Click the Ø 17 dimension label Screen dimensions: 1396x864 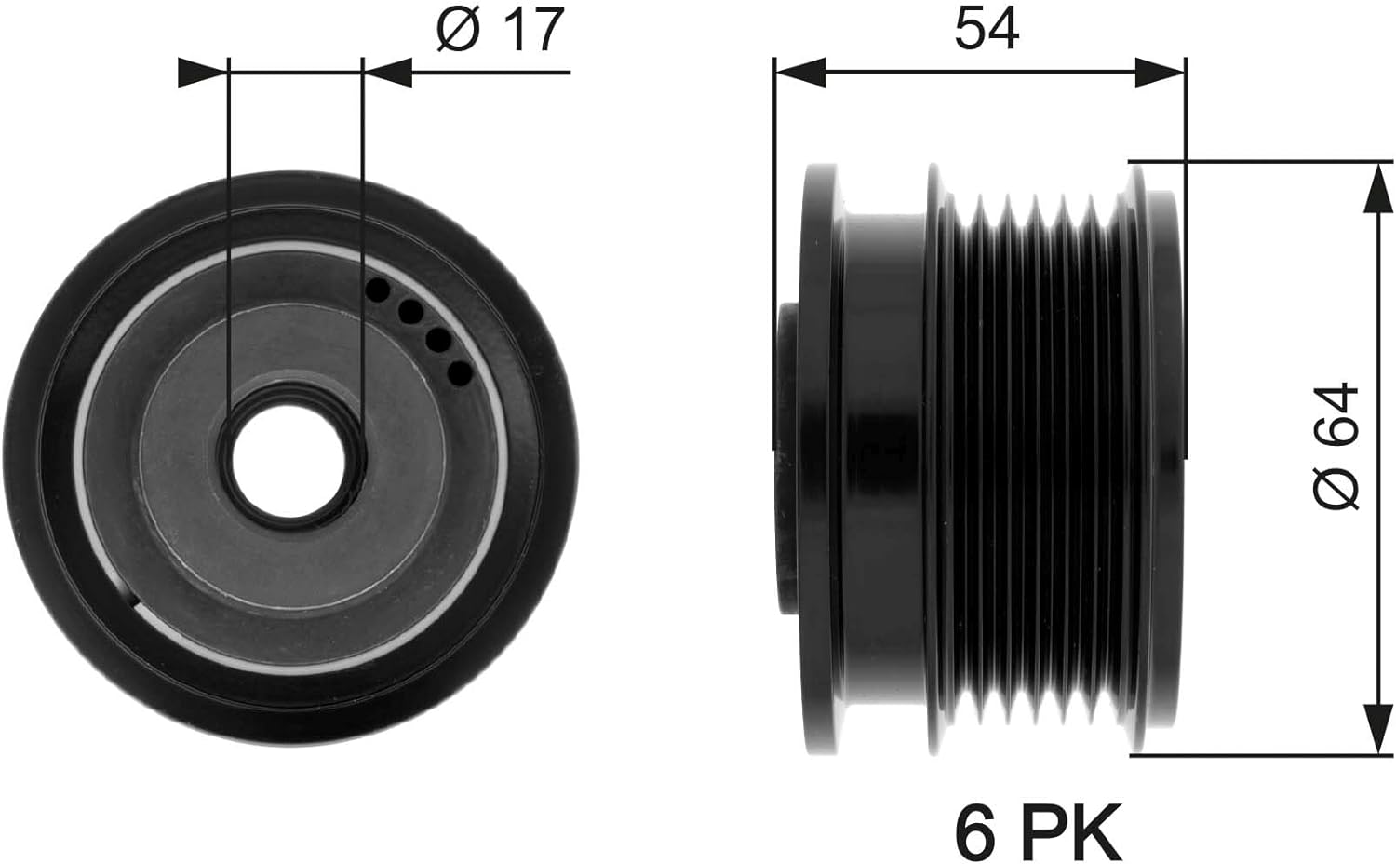pyautogui.click(x=501, y=29)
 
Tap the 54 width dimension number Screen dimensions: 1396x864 pyautogui.click(x=987, y=29)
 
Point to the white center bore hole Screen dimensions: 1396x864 pyautogui.click(x=289, y=461)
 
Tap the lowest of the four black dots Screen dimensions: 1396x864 pyautogui.click(x=461, y=372)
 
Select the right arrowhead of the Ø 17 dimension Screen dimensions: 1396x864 pyautogui.click(x=388, y=73)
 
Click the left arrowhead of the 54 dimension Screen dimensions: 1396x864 pyautogui.click(x=800, y=73)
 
